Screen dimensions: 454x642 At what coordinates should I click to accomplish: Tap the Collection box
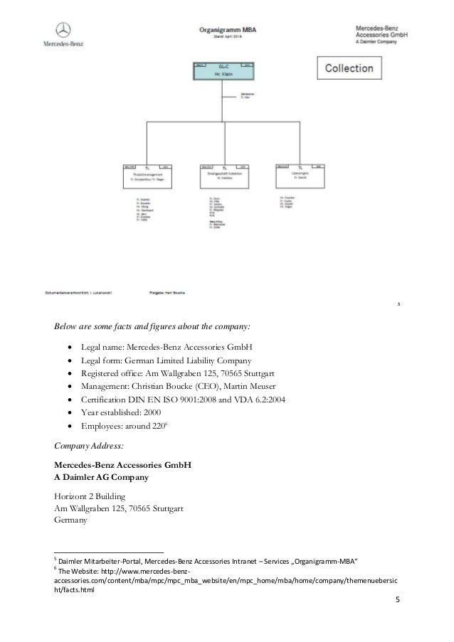(349, 69)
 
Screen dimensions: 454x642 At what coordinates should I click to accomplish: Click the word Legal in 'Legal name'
(94, 347)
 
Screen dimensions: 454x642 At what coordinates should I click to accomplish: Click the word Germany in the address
(72, 520)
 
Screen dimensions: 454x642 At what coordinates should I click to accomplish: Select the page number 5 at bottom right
(398, 603)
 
